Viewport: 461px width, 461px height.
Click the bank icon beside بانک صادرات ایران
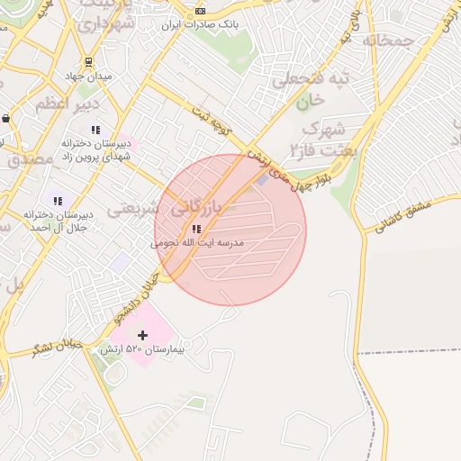(199, 10)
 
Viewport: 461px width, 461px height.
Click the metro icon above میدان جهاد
(88, 62)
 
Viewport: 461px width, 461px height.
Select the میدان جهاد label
(89, 77)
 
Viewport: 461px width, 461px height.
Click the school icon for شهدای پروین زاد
(96, 130)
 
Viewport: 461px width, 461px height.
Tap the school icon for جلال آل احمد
(59, 200)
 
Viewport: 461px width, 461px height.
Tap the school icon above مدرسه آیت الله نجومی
(196, 229)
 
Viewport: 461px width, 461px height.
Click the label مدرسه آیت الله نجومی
(197, 243)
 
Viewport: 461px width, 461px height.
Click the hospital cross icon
(142, 335)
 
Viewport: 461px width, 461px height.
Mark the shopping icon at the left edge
(6, 118)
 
